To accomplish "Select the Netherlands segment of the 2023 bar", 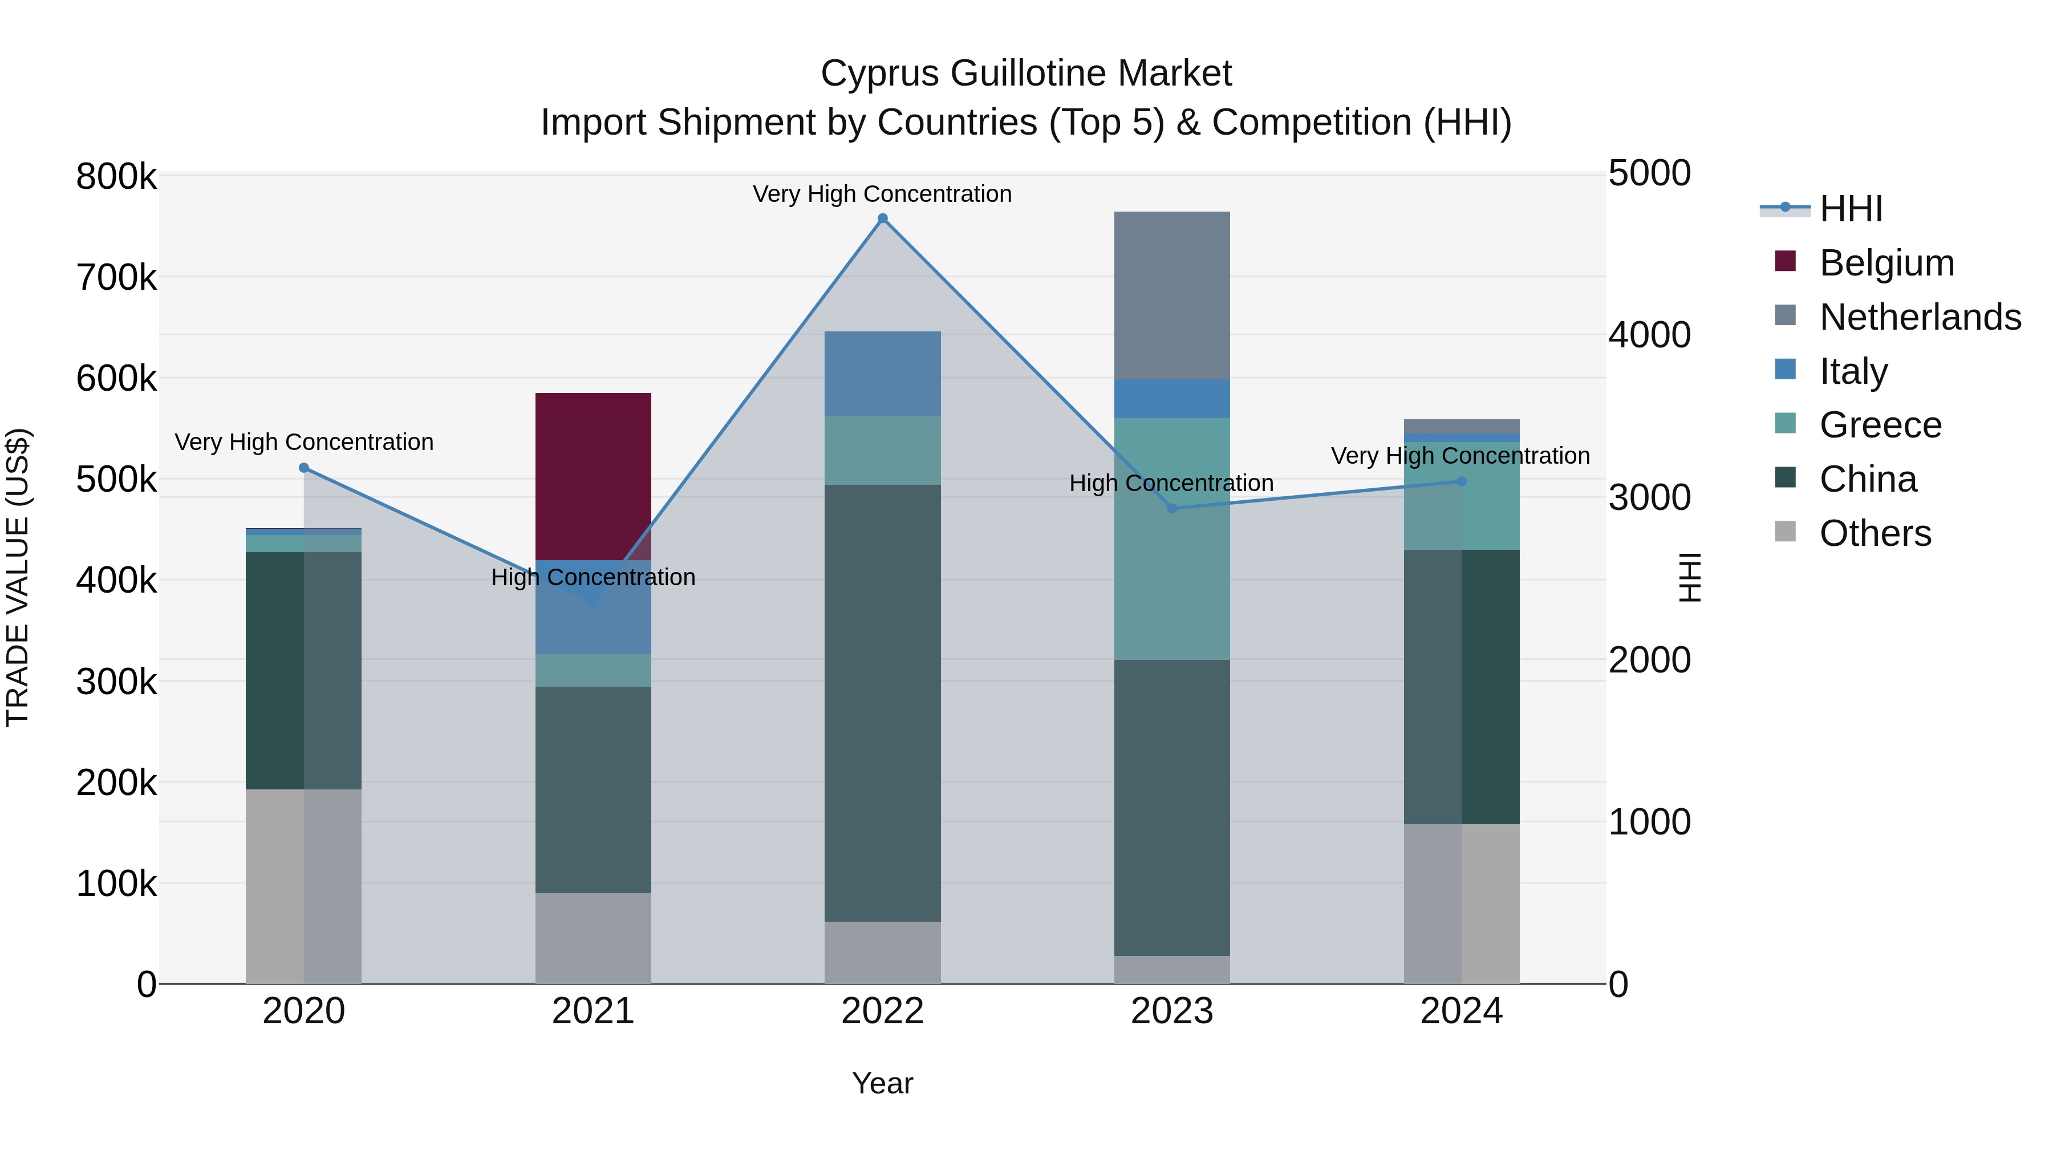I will pyautogui.click(x=1171, y=295).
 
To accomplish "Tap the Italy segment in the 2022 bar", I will pyautogui.click(x=882, y=373).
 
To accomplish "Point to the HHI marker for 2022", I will pyautogui.click(x=882, y=218).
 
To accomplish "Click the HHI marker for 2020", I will pyautogui.click(x=303, y=468).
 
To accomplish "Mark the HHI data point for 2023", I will pyautogui.click(x=1171, y=509).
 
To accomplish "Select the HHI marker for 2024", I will pyautogui.click(x=1461, y=481).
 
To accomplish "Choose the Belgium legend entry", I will pyautogui.click(x=1886, y=263).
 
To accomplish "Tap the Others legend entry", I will pyautogui.click(x=1875, y=533).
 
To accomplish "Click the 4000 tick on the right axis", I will pyautogui.click(x=1649, y=335).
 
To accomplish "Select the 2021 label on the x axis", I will pyautogui.click(x=593, y=1011).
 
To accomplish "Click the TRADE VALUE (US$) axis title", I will pyautogui.click(x=18, y=577).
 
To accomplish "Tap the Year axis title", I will pyautogui.click(x=882, y=1083).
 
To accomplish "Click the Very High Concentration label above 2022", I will pyautogui.click(x=882, y=194).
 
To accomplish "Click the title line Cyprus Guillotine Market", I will pyautogui.click(x=1026, y=74).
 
